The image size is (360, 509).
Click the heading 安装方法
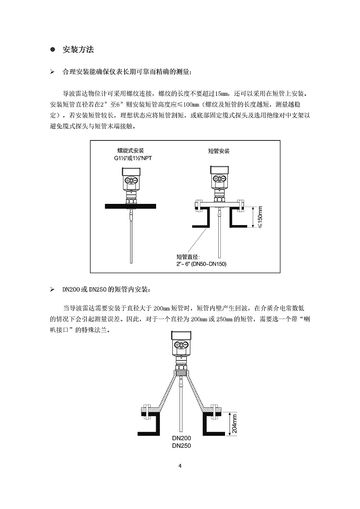click(x=78, y=50)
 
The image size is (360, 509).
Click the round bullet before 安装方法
click(x=52, y=50)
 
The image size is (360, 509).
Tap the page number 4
click(x=180, y=466)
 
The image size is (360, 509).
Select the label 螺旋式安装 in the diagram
click(x=130, y=151)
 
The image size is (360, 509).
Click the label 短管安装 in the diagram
click(x=218, y=152)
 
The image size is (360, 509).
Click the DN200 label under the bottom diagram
click(x=181, y=438)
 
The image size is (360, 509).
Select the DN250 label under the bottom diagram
click(x=181, y=446)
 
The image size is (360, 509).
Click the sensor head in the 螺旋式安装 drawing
click(x=130, y=180)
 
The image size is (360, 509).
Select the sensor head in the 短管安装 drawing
click(x=219, y=179)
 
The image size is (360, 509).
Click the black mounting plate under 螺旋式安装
click(x=130, y=206)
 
